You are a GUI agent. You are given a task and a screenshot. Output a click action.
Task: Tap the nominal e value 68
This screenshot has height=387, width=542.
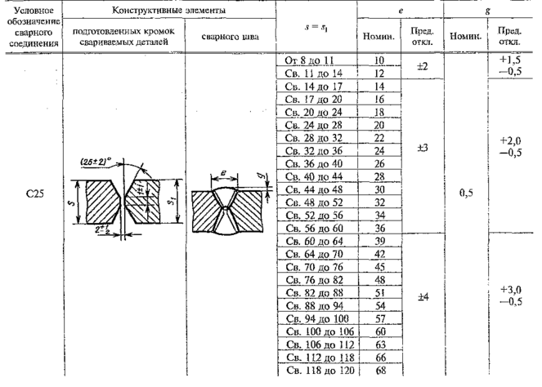point(379,371)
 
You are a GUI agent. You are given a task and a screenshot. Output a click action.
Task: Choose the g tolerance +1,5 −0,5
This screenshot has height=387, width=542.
point(505,67)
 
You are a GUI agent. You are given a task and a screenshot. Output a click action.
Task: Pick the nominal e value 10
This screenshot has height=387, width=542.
point(379,61)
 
